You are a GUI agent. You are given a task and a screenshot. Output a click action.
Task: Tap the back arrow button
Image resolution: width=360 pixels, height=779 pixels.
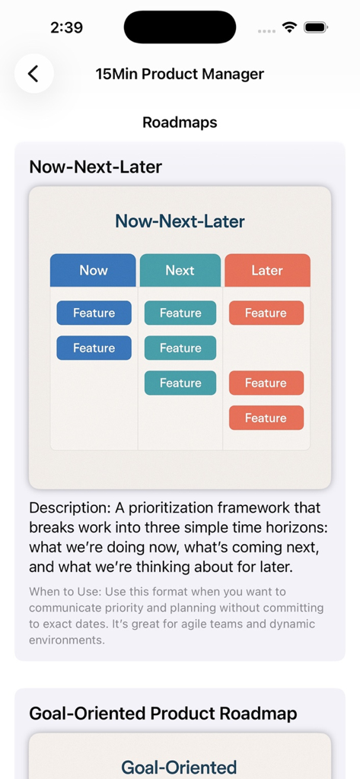point(33,74)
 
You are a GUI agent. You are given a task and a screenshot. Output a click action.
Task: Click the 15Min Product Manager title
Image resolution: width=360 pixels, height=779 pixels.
point(180,74)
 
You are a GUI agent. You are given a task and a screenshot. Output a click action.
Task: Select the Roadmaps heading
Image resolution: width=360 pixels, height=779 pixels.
point(180,122)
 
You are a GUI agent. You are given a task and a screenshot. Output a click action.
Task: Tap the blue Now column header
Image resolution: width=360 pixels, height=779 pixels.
point(93,270)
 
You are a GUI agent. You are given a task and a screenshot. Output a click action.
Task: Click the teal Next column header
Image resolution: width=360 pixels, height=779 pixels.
point(180,270)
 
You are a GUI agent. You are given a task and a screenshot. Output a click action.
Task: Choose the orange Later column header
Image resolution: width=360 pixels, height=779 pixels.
point(266,270)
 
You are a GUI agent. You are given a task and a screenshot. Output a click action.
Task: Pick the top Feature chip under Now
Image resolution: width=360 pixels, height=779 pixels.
point(94,313)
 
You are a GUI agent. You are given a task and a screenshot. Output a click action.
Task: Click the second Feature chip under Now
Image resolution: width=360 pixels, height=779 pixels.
point(94,348)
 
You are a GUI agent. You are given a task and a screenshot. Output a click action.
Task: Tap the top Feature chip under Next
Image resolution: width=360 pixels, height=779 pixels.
point(180,313)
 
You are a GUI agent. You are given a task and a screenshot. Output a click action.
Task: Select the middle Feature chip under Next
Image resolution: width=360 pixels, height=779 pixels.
point(180,348)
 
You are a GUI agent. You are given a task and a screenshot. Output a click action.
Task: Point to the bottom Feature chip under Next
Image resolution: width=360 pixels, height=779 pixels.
point(180,383)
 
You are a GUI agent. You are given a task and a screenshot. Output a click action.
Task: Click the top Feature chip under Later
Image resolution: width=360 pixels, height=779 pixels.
point(266,313)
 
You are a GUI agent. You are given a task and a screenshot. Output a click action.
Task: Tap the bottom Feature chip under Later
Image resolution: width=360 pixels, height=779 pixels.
point(266,418)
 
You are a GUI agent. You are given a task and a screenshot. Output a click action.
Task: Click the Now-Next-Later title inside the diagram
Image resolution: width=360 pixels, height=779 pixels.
point(180,221)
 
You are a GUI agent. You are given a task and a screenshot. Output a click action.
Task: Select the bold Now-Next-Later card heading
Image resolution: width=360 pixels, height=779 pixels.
point(95,167)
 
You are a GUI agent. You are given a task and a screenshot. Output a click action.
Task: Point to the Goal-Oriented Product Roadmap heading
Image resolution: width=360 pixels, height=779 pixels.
point(163,713)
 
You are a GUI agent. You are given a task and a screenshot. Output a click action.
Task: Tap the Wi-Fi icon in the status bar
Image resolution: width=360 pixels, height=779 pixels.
point(289,27)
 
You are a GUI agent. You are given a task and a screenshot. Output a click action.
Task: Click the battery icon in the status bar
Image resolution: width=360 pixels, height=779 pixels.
point(315,27)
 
